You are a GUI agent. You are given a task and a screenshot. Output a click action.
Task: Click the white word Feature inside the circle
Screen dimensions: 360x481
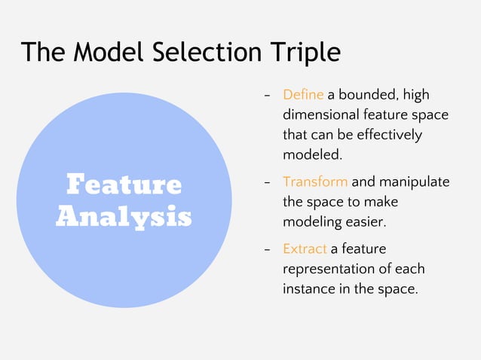coord(124,185)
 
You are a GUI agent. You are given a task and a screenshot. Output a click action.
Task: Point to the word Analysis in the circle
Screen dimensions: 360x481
coord(124,216)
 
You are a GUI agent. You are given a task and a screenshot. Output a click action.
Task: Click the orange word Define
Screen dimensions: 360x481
coord(303,95)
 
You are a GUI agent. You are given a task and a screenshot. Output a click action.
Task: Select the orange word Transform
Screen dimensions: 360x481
coord(315,182)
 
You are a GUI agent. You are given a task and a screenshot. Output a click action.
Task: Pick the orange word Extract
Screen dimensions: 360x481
coord(305,248)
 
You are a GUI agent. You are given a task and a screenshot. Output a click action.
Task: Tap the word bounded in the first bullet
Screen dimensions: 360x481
coord(368,95)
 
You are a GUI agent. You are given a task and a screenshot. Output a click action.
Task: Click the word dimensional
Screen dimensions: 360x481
coord(322,115)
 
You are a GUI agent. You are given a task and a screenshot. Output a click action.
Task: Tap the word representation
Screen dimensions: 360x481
coord(329,268)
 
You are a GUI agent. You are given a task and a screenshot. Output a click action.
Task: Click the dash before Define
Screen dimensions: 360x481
coord(267,96)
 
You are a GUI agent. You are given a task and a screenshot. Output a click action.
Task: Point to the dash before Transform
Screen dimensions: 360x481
coord(267,182)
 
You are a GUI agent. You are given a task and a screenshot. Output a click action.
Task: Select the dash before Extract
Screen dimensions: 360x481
coord(267,249)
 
